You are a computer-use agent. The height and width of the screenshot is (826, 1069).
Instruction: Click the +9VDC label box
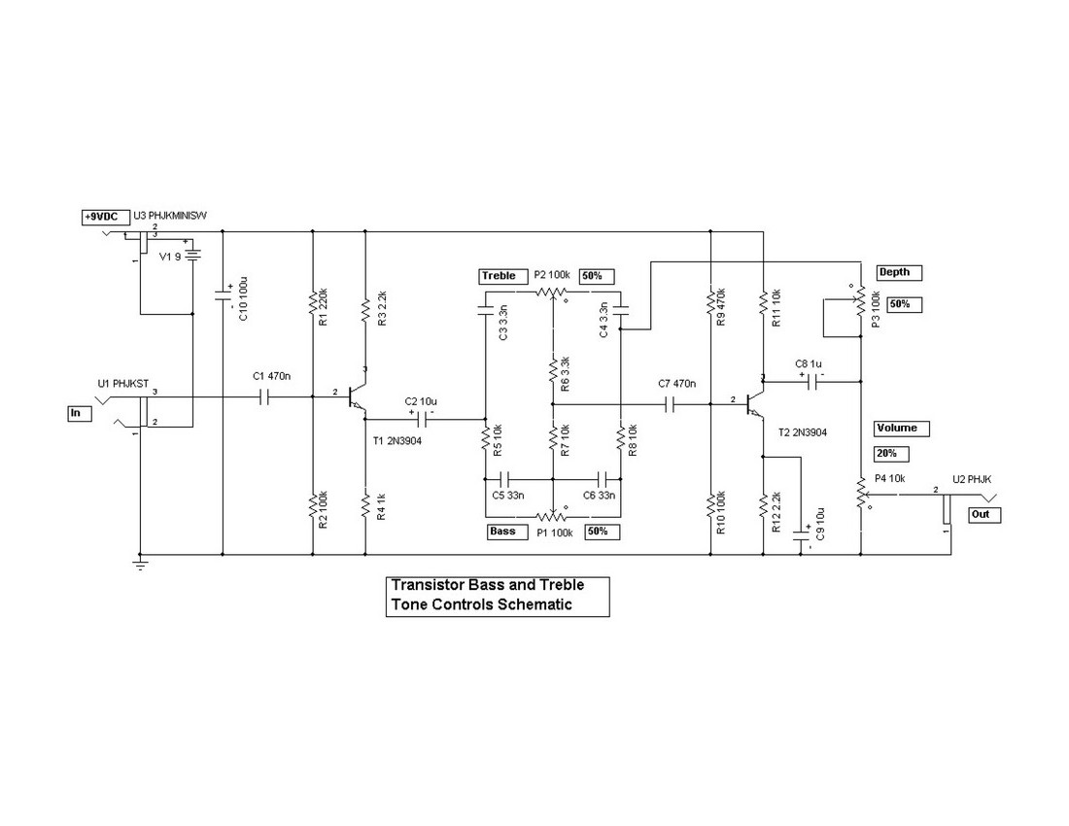click(x=101, y=217)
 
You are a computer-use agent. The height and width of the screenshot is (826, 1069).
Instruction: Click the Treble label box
click(x=500, y=276)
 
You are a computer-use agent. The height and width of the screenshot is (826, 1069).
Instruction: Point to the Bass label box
click(x=503, y=532)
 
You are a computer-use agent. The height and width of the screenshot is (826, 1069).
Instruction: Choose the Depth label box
click(x=899, y=273)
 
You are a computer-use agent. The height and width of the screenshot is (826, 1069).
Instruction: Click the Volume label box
click(x=902, y=428)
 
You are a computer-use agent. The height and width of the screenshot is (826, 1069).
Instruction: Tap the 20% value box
click(x=891, y=454)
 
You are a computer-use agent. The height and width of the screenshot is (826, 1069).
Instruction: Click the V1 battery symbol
click(x=193, y=258)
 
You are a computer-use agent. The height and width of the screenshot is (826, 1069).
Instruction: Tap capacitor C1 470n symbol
click(x=260, y=396)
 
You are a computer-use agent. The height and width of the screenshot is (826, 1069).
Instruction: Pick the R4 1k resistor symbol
click(x=365, y=505)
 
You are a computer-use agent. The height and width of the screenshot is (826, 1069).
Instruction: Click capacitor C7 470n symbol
click(x=671, y=403)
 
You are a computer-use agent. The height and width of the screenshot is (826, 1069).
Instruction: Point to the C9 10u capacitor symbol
click(x=803, y=533)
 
